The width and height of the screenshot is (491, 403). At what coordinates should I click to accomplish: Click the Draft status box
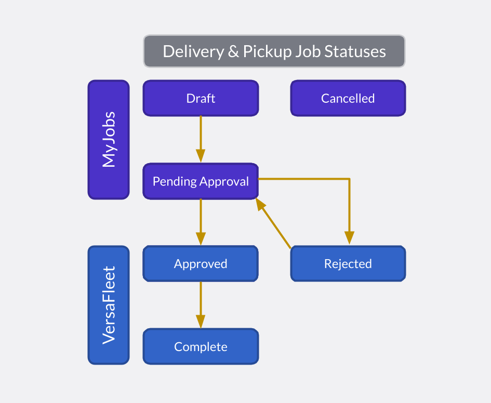pyautogui.click(x=201, y=98)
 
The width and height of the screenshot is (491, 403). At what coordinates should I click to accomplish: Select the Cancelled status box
pyautogui.click(x=348, y=98)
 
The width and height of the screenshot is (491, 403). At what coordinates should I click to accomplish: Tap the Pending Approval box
pyautogui.click(x=201, y=181)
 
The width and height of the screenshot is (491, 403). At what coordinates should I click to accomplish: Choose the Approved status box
pyautogui.click(x=201, y=264)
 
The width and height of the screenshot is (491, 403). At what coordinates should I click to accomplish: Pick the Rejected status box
pyautogui.click(x=348, y=264)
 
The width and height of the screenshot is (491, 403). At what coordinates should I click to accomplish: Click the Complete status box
pyautogui.click(x=201, y=346)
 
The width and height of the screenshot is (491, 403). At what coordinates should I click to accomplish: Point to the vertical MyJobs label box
pyautogui.click(x=109, y=140)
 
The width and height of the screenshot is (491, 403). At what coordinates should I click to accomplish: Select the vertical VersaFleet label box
pyautogui.click(x=109, y=305)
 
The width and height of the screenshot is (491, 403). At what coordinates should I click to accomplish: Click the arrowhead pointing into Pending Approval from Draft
pyautogui.click(x=201, y=156)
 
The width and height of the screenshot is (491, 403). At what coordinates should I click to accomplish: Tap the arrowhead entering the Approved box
pyautogui.click(x=201, y=238)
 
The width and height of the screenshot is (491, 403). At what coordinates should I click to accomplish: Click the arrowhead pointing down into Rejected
pyautogui.click(x=349, y=237)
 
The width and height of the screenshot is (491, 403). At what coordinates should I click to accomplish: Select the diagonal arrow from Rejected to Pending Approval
pyautogui.click(x=274, y=224)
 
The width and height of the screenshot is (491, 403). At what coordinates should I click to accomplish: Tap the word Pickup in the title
pyautogui.click(x=265, y=51)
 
